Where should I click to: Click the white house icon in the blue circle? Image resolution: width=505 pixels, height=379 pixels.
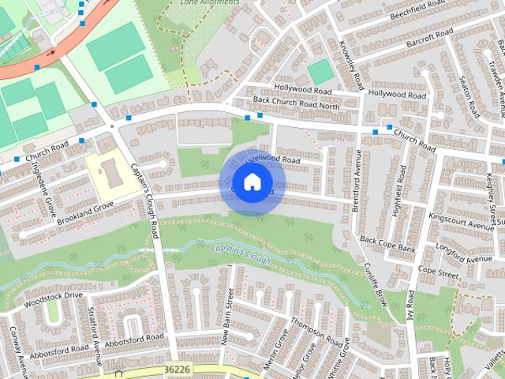click(252, 182)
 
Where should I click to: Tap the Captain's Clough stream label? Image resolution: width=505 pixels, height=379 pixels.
click(240, 254)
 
